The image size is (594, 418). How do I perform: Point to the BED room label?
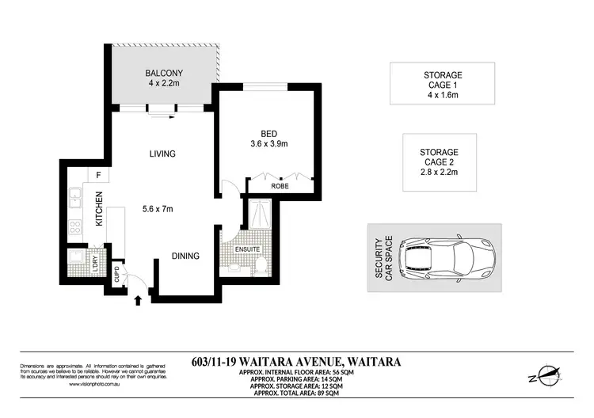click(x=268, y=132)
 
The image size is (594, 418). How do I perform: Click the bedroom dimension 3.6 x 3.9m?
click(x=268, y=144)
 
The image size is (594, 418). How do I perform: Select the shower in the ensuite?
click(x=257, y=213)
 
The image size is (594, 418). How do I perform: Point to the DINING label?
click(x=185, y=256)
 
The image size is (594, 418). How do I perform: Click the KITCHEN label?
click(x=100, y=210)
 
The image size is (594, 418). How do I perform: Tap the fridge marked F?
click(x=98, y=175)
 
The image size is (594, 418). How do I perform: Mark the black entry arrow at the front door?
click(x=140, y=300)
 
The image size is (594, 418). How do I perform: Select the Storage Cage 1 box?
click(x=442, y=83)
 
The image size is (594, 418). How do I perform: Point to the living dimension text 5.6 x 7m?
click(x=158, y=209)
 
